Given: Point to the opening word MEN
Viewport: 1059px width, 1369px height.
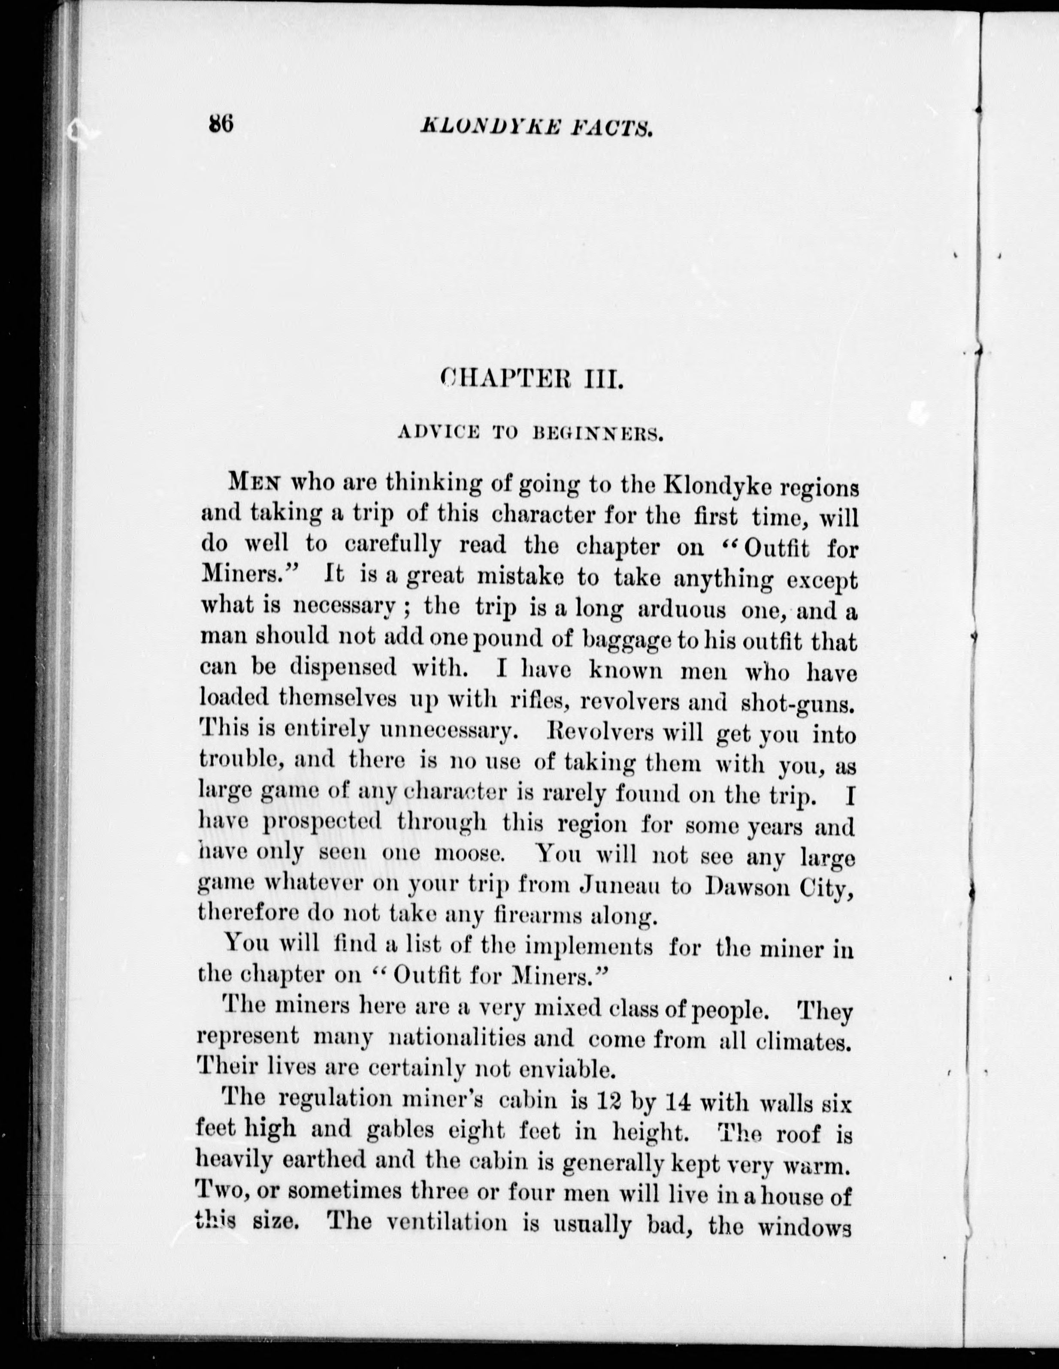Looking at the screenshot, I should coord(254,483).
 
